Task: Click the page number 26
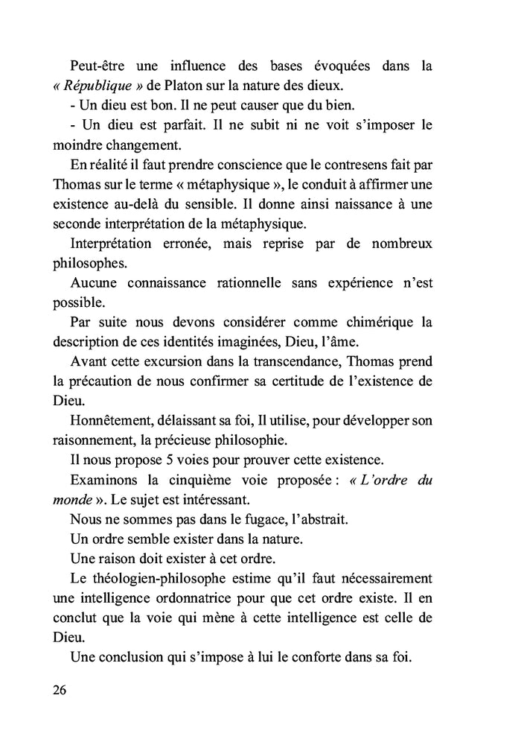(60, 689)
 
